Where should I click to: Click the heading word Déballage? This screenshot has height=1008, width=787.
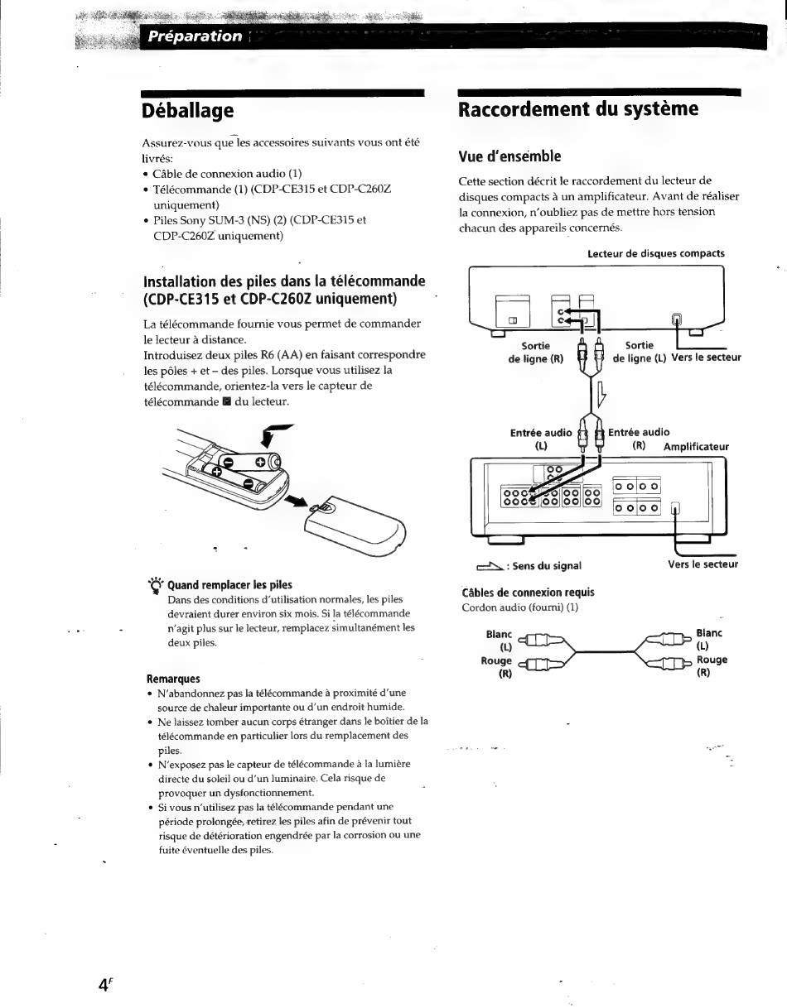[x=188, y=110]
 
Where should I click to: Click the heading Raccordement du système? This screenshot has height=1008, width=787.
[x=578, y=109]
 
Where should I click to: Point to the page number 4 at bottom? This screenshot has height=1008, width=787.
[x=104, y=984]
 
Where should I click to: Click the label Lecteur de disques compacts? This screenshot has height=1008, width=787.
[x=655, y=253]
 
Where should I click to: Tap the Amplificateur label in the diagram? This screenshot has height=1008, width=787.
[x=696, y=447]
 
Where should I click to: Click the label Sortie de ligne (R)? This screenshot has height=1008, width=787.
[x=536, y=353]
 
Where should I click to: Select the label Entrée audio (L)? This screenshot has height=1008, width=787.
[x=541, y=439]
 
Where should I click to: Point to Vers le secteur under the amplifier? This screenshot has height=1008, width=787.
[x=703, y=564]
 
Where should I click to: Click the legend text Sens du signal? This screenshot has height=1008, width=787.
[x=548, y=566]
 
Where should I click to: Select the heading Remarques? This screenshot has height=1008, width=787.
[x=173, y=679]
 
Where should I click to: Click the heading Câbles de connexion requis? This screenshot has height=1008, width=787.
[x=528, y=593]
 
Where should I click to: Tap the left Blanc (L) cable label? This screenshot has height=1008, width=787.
[x=500, y=640]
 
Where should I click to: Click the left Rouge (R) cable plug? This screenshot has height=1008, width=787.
[x=541, y=664]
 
